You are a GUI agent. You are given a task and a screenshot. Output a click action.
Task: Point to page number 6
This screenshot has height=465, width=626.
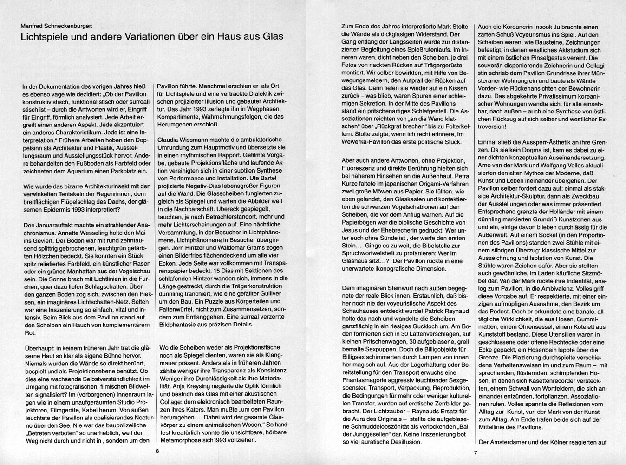tap(157, 451)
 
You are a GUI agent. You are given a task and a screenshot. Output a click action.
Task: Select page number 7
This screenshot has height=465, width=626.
tap(476, 452)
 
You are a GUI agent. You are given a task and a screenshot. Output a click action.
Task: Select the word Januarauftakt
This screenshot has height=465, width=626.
tap(51, 226)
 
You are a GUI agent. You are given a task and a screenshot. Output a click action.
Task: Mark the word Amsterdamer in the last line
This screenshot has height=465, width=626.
tap(512, 442)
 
